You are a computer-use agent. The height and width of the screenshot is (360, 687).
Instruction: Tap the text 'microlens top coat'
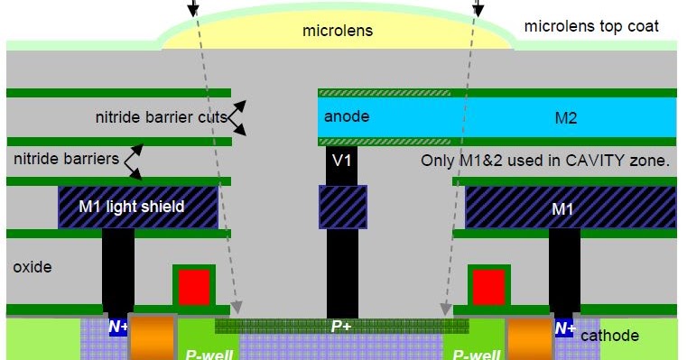point(591,26)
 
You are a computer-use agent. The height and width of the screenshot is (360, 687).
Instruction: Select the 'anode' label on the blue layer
point(347,117)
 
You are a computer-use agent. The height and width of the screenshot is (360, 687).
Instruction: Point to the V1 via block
point(341,161)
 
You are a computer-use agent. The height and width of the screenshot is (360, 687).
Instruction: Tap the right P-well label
point(475,353)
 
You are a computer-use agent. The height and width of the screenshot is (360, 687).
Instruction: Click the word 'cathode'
point(609,336)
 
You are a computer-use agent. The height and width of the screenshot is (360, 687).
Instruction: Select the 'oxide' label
point(32,268)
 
